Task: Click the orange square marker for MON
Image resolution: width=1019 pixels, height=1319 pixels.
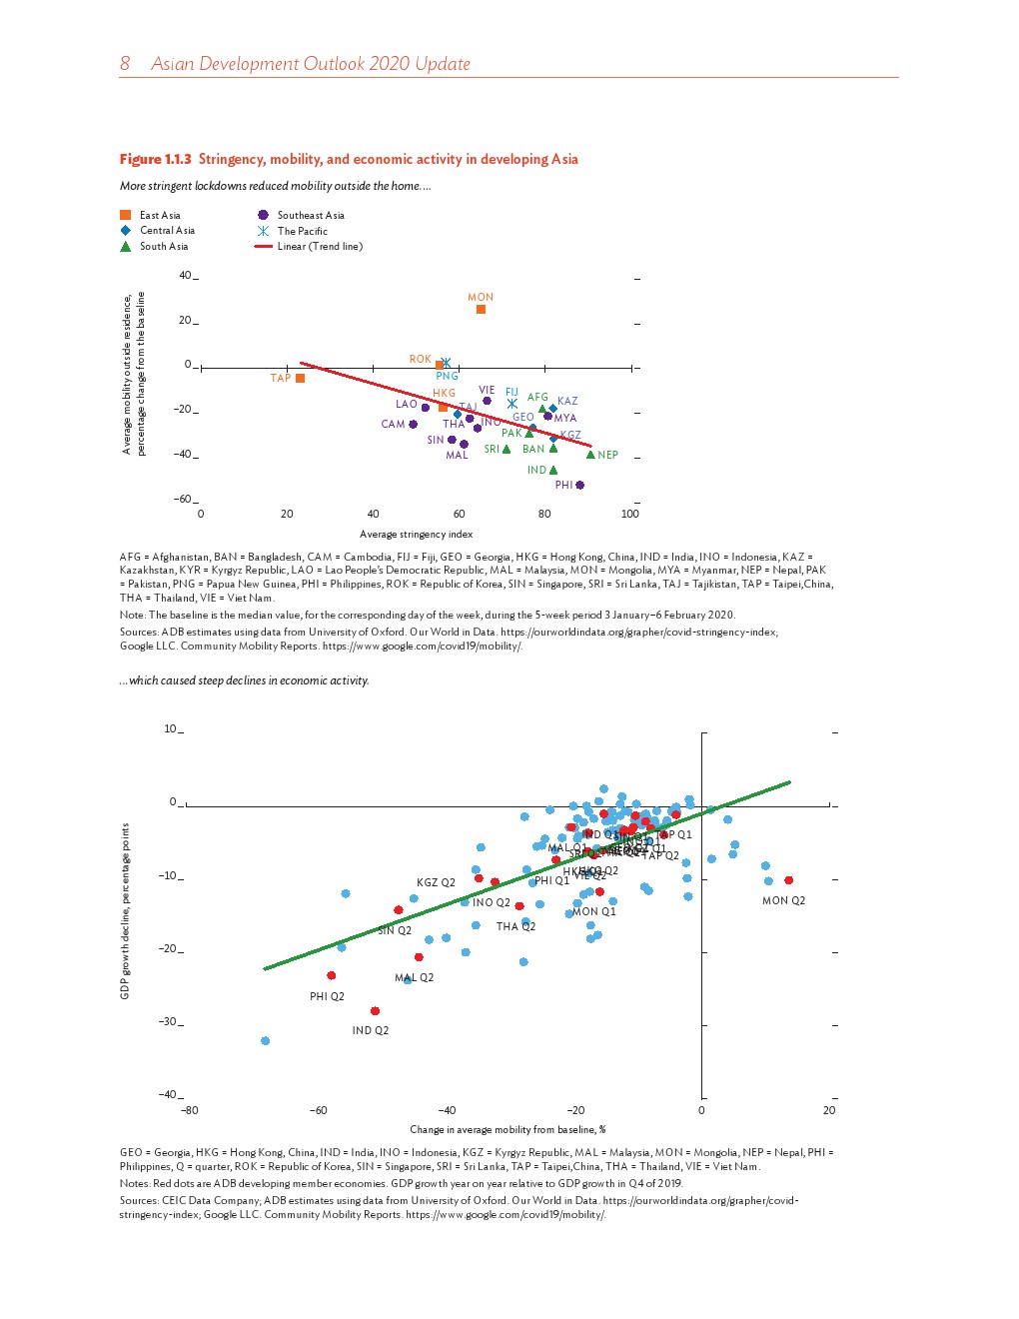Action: tap(481, 310)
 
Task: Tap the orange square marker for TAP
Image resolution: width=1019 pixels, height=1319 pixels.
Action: tap(300, 379)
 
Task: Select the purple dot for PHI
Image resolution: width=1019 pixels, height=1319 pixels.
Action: tap(580, 486)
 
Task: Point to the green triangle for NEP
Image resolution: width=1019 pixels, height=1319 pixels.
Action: tap(590, 455)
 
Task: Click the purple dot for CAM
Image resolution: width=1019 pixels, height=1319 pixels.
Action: tap(414, 425)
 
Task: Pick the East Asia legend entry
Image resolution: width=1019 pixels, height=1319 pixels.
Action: tap(159, 215)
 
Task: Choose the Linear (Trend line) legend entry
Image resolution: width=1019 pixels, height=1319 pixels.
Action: tap(319, 246)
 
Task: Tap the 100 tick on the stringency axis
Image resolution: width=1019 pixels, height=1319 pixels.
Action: tap(629, 515)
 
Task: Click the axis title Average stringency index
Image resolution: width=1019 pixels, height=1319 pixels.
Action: tap(416, 534)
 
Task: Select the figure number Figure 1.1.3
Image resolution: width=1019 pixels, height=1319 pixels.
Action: tap(155, 159)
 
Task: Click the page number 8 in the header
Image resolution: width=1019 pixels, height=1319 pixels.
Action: tap(125, 64)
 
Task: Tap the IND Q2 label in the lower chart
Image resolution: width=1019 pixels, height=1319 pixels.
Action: tap(370, 1030)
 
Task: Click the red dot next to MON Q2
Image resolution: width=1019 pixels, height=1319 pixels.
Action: tap(789, 880)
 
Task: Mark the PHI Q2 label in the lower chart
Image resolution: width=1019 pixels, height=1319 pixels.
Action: tap(327, 996)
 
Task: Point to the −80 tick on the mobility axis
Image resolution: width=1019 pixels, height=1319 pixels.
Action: tap(189, 1110)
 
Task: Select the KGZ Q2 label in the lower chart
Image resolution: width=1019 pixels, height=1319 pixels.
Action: tap(436, 883)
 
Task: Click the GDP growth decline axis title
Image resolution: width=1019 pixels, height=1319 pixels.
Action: tap(125, 910)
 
